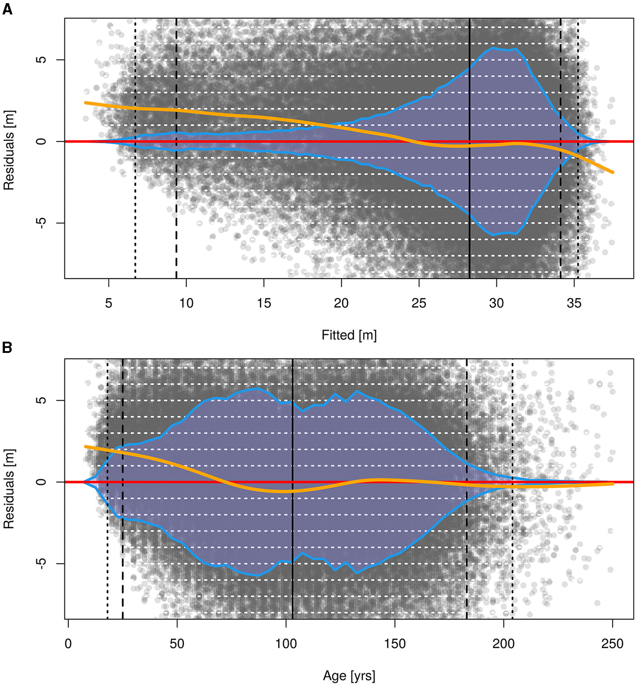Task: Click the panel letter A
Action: [7, 9]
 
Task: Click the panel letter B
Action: [7, 348]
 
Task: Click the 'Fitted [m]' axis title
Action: [349, 335]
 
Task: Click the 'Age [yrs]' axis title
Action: [349, 676]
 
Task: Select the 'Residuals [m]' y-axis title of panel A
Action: [9, 150]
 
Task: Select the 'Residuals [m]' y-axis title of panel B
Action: [9, 489]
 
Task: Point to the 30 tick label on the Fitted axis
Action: [496, 303]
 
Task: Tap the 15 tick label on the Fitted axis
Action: [264, 303]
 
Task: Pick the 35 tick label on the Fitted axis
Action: [574, 303]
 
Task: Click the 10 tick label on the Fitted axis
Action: [186, 303]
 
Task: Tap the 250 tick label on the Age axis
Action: [612, 644]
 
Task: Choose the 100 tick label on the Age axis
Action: [286, 644]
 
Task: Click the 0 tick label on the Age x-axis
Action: [68, 644]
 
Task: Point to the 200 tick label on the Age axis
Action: [503, 644]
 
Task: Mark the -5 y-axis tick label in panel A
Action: [41, 223]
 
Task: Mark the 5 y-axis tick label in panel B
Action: [41, 400]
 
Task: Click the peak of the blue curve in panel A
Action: [494, 48]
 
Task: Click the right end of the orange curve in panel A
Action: [612, 172]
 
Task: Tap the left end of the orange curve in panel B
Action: [85, 447]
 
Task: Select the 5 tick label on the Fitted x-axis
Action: [109, 303]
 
